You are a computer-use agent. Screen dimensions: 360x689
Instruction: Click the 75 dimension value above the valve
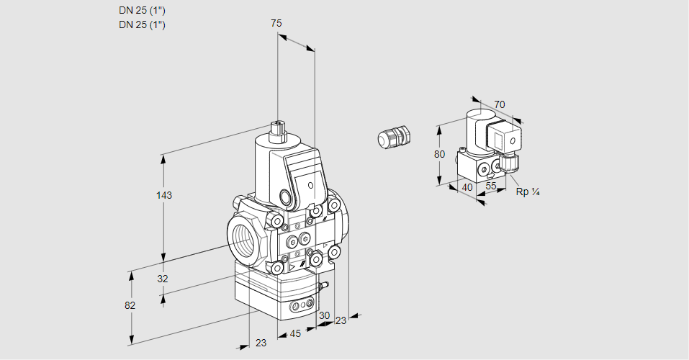(x=276, y=24)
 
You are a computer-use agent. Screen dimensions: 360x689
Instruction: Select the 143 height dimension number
(x=165, y=195)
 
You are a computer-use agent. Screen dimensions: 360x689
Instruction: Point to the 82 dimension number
(x=130, y=305)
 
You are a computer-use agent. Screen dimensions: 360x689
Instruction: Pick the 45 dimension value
(x=295, y=333)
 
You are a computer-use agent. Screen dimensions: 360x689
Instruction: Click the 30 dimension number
(x=324, y=315)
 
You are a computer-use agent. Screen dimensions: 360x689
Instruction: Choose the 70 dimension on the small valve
(x=500, y=104)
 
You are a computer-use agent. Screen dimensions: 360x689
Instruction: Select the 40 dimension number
(x=467, y=187)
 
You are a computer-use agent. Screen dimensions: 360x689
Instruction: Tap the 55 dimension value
(x=491, y=186)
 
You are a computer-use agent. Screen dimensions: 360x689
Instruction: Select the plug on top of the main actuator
(x=278, y=130)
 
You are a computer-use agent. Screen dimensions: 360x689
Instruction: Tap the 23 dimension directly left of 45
(x=261, y=343)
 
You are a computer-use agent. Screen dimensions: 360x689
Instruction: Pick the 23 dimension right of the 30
(x=341, y=320)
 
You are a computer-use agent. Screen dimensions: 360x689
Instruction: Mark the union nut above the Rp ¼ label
(x=510, y=163)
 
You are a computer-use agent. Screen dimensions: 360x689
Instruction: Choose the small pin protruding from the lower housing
(x=324, y=286)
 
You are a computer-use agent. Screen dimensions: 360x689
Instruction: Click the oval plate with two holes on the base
(x=302, y=306)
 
